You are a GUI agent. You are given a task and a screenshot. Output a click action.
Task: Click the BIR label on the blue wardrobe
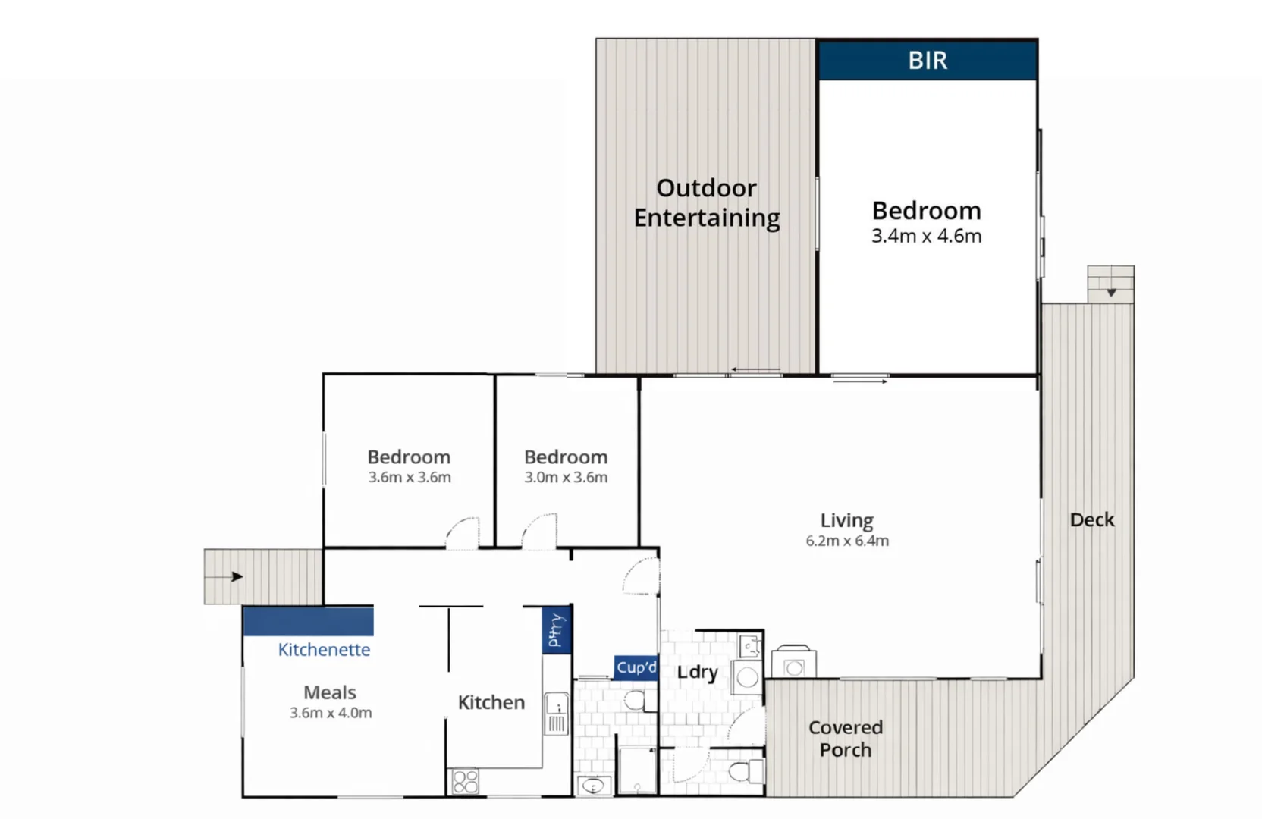pyautogui.click(x=928, y=61)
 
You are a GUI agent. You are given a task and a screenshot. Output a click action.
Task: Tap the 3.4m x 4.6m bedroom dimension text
pyautogui.click(x=926, y=236)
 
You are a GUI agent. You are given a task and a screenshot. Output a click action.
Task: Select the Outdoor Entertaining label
pyautogui.click(x=706, y=202)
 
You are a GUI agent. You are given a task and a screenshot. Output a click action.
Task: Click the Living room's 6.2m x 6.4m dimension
pyautogui.click(x=846, y=541)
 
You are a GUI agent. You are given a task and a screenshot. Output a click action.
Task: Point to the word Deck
pyautogui.click(x=1091, y=519)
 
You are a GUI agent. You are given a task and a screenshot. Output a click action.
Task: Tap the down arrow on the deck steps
pyautogui.click(x=1111, y=292)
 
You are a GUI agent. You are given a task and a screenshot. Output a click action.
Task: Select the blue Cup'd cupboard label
pyautogui.click(x=636, y=667)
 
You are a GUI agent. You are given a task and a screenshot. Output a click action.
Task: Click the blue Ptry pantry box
pyautogui.click(x=557, y=629)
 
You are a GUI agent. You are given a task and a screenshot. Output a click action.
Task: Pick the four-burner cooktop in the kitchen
pyautogui.click(x=465, y=781)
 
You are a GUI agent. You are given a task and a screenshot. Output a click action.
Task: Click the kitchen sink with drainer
pyautogui.click(x=556, y=714)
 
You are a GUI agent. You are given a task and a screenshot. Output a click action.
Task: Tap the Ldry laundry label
pyautogui.click(x=697, y=673)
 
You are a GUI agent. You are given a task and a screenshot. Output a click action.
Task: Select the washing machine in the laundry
pyautogui.click(x=747, y=677)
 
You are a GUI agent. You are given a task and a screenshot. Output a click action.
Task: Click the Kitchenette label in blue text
pyautogui.click(x=324, y=650)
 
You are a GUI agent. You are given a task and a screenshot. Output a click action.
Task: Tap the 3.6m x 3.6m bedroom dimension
pyautogui.click(x=410, y=478)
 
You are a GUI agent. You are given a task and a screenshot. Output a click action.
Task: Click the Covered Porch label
pyautogui.click(x=845, y=739)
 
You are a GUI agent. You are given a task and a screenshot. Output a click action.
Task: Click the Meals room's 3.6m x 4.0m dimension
pyautogui.click(x=330, y=713)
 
